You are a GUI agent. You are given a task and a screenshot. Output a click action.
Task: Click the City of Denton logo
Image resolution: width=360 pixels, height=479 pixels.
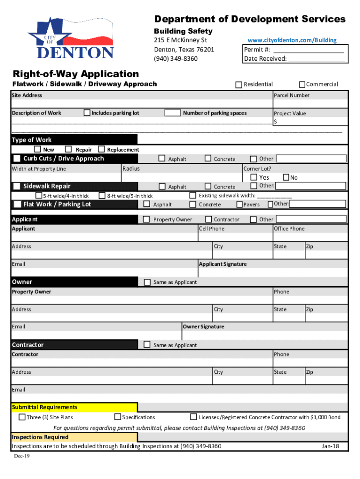tap(70, 39)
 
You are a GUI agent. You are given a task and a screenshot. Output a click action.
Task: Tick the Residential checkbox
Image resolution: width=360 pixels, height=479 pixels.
tap(239, 85)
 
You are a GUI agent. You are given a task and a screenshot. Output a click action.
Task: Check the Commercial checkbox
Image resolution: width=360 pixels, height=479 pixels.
tap(302, 84)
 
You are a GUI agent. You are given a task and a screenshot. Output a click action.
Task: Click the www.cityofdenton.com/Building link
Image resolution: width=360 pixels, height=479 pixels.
tap(292, 40)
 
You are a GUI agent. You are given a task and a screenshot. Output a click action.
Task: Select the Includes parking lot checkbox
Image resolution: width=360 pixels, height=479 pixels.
tap(87, 113)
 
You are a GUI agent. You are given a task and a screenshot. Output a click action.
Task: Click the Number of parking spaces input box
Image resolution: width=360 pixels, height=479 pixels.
tap(173, 113)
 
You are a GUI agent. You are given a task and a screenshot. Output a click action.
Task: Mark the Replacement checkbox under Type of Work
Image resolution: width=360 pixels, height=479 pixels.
tap(101, 149)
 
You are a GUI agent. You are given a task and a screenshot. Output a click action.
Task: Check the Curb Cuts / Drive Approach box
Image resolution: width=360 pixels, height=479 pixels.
tap(17, 159)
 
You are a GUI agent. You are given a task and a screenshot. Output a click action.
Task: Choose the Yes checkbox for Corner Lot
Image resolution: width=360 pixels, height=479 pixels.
tap(254, 177)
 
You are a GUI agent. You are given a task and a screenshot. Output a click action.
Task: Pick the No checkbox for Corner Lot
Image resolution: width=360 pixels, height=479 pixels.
tap(286, 177)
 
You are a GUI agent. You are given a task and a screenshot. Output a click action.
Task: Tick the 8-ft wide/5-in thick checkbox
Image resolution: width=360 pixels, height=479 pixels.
tap(102, 196)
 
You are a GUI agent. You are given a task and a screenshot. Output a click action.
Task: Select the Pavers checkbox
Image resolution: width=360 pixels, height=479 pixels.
tap(239, 204)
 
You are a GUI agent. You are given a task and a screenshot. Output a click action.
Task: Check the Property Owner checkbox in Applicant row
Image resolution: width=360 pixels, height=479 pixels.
tap(146, 219)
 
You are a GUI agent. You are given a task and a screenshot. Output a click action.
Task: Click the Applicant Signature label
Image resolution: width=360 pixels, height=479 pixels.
tap(223, 264)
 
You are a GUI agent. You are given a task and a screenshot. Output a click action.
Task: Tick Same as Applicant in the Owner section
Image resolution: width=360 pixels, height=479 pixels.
tap(147, 282)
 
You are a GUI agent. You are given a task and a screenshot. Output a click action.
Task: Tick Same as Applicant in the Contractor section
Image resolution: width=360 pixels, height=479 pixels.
tap(147, 345)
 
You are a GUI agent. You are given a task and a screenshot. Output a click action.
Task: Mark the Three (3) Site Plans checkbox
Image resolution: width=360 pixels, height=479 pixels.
tap(22, 417)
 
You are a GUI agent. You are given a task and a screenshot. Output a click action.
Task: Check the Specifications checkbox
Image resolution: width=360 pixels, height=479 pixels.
tap(118, 417)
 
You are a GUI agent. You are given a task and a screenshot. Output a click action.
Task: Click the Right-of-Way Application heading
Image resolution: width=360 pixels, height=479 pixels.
tap(76, 74)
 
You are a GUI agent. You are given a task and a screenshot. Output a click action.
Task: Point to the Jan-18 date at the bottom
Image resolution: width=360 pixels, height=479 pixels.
tap(330, 446)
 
